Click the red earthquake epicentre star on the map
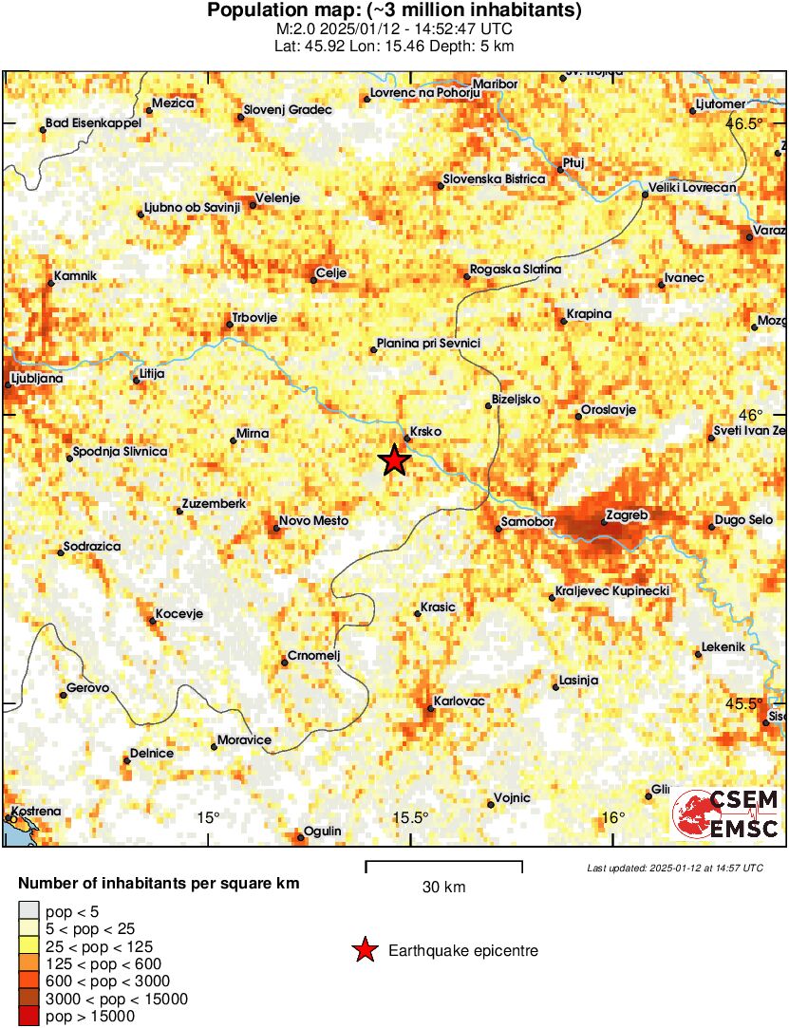pos(394,460)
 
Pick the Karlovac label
pos(460,701)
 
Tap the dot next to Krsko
pos(407,439)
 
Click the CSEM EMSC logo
pos(726,814)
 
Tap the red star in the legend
pos(364,949)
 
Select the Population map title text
pos(394,11)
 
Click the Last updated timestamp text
pos(674,868)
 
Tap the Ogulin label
pos(324,831)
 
